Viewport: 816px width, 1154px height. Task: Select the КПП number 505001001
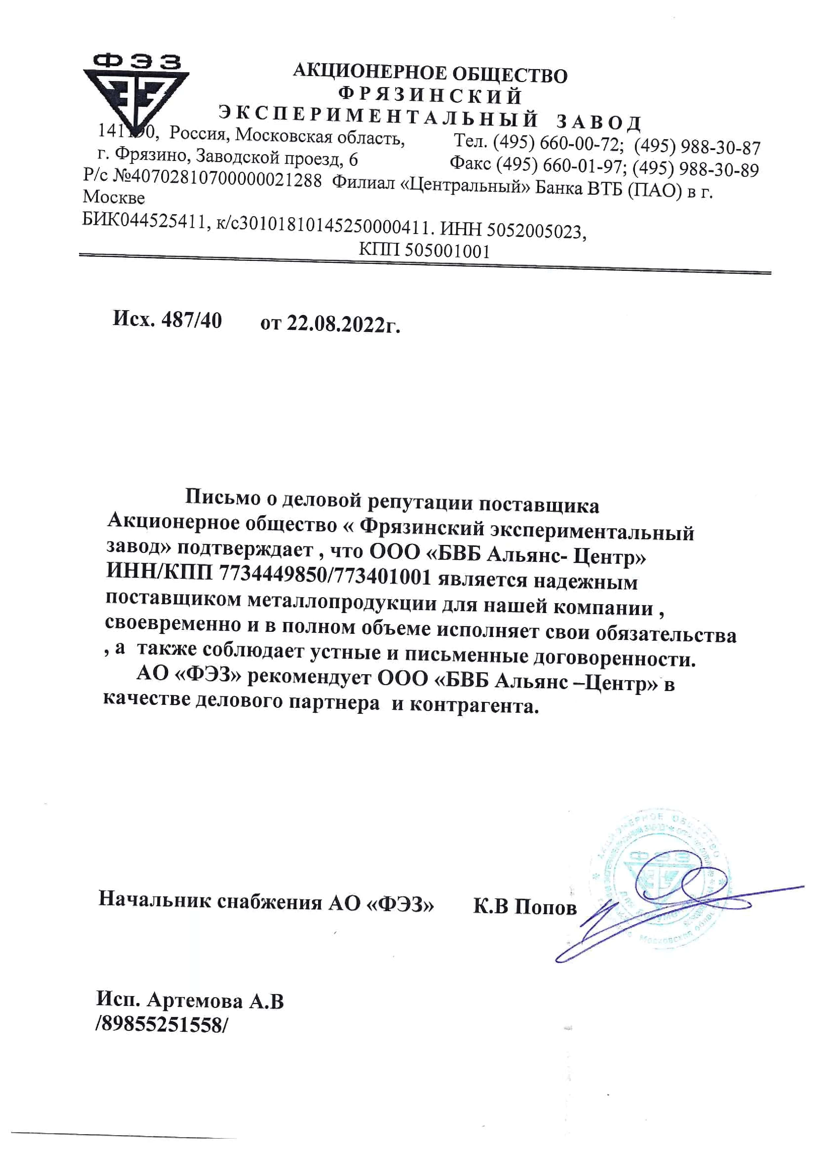pos(447,250)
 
